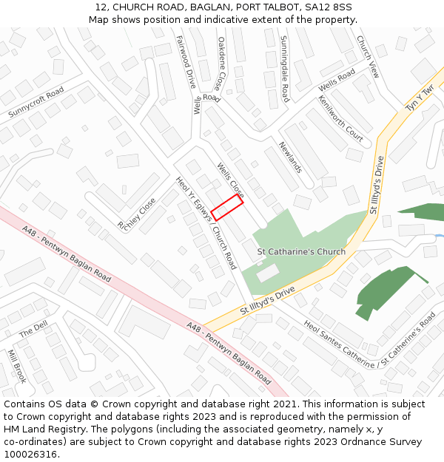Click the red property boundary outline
pos(227,208)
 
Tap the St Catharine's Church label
pos(301,251)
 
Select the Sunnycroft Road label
pos(36,102)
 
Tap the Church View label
pos(368,56)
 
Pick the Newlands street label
pos(290,157)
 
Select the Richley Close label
pos(137,213)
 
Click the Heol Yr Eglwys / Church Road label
pos(206,222)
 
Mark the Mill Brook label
pos(17,367)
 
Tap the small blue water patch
pos(439,237)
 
